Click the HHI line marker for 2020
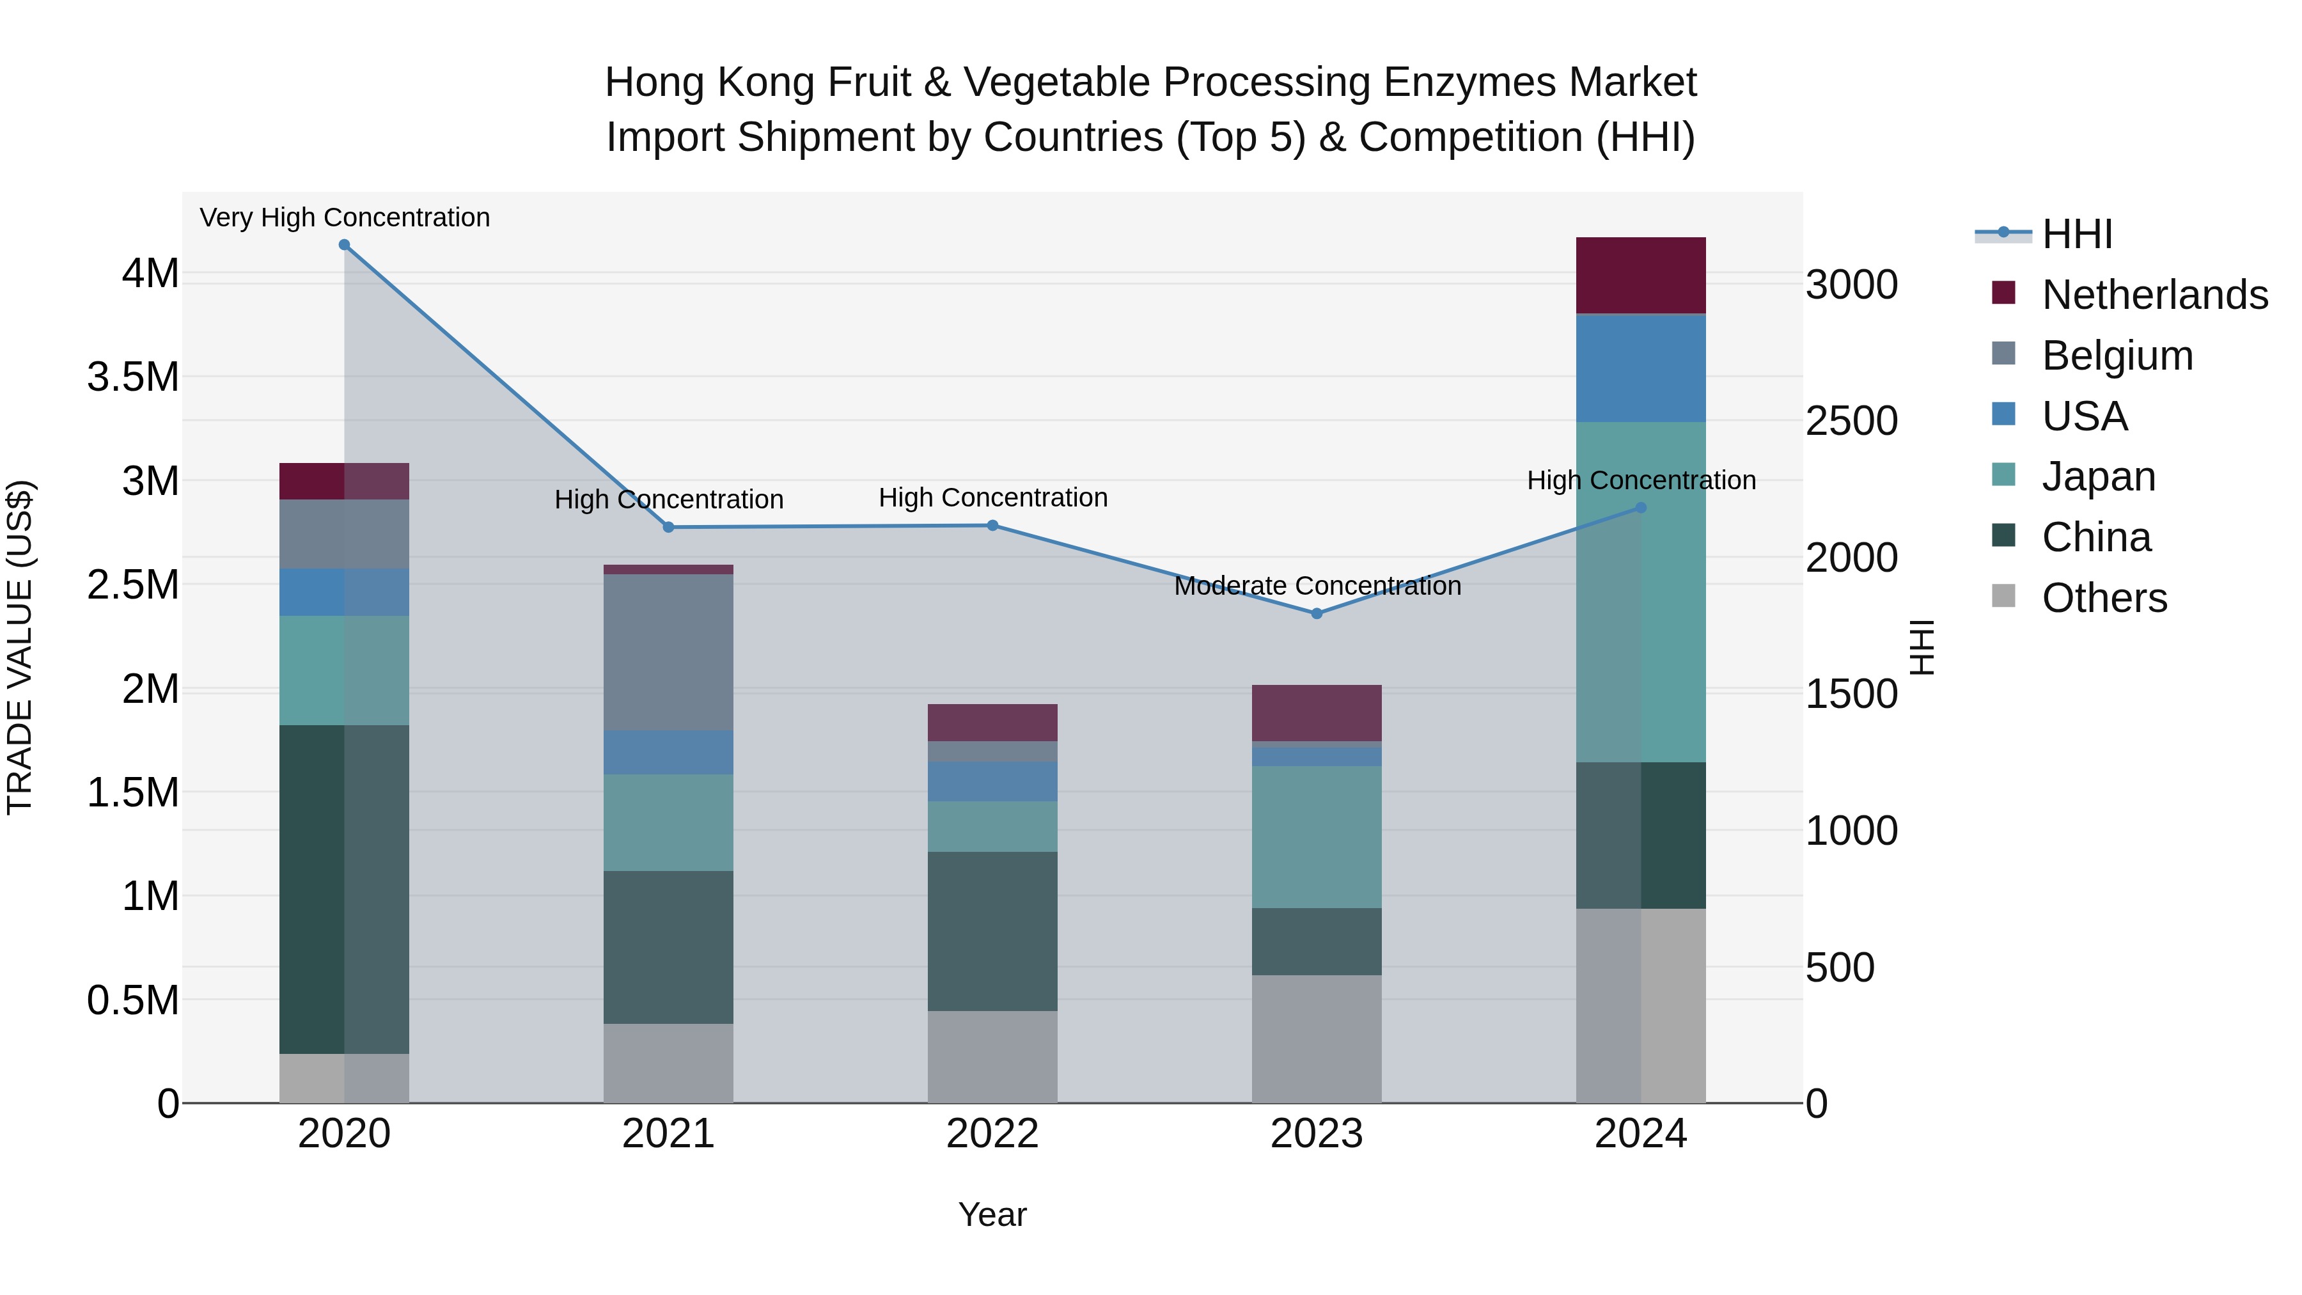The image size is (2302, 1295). tap(344, 245)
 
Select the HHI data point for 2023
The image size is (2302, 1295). tap(1317, 614)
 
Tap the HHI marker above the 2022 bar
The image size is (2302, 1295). tap(992, 526)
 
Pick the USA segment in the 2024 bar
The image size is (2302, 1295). tap(1641, 368)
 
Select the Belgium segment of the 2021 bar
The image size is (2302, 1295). tap(668, 652)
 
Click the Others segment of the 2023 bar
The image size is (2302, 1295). tap(1317, 1039)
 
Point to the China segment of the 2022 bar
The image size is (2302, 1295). tap(992, 931)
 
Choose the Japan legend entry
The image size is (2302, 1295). tap(2098, 476)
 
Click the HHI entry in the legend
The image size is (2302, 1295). tap(2077, 234)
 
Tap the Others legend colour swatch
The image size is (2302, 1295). tap(2003, 596)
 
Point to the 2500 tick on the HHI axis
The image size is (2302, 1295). tap(1852, 421)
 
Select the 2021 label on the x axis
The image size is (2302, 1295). tap(668, 1134)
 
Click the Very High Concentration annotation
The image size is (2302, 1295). tap(344, 217)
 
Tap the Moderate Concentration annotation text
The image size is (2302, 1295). tap(1317, 586)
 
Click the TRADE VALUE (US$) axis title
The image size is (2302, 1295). tap(20, 647)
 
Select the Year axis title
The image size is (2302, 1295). tap(992, 1214)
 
